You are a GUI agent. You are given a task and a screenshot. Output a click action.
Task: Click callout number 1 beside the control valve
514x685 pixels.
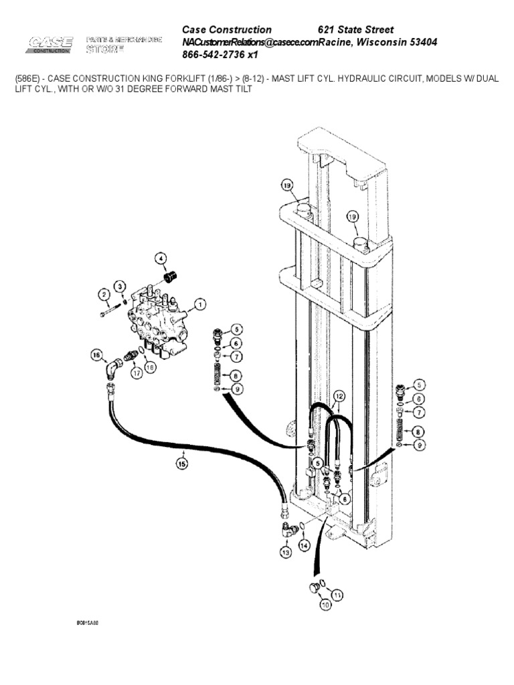tap(199, 304)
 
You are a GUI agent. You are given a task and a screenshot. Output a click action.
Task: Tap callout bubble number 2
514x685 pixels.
tap(104, 294)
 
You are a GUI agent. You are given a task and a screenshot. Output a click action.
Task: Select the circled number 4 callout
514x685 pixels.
tap(161, 259)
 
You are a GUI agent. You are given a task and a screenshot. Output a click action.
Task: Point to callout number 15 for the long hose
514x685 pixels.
tap(181, 462)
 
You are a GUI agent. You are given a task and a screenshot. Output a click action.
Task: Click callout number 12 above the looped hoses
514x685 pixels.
tap(339, 396)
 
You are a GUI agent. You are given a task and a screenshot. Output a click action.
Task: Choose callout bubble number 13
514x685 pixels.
tap(286, 553)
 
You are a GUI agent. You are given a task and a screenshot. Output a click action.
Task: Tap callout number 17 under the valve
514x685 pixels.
tap(137, 373)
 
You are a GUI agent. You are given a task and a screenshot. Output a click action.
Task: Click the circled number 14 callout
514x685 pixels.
tap(305, 545)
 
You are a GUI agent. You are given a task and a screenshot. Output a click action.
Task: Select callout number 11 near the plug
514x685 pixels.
tap(337, 593)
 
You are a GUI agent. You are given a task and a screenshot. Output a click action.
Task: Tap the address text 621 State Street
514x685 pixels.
tap(355, 30)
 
